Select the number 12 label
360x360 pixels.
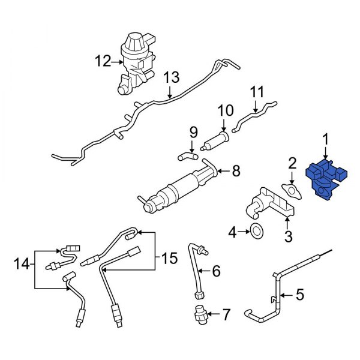102,60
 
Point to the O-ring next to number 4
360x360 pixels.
256,230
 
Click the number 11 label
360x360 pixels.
257,92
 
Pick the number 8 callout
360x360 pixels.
236,172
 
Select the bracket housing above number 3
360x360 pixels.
270,204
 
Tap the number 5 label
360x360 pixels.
300,295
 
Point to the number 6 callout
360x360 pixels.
217,272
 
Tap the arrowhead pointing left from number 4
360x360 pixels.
247,230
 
